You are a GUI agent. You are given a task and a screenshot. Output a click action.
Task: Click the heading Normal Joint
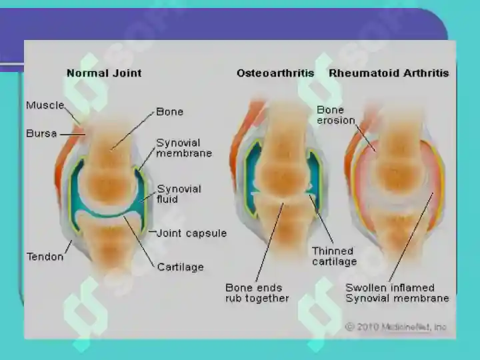click(x=104, y=73)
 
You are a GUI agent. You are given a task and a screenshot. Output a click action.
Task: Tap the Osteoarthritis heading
click(x=275, y=73)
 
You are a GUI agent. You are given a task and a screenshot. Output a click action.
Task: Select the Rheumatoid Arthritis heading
click(x=389, y=73)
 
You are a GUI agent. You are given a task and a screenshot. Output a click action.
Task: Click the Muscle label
click(x=45, y=105)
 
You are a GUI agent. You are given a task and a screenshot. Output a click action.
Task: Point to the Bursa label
click(x=41, y=133)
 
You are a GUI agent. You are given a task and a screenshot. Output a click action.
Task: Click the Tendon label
click(x=45, y=257)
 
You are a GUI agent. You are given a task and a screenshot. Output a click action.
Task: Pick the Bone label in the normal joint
click(x=169, y=112)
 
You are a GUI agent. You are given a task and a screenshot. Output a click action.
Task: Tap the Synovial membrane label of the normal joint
click(x=184, y=148)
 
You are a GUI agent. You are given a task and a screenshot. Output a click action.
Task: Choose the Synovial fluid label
click(x=179, y=194)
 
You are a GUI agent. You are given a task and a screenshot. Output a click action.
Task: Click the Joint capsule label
click(x=191, y=233)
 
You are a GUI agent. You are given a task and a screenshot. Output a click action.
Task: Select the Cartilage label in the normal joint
click(x=180, y=267)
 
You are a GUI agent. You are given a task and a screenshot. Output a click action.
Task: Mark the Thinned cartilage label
click(x=334, y=256)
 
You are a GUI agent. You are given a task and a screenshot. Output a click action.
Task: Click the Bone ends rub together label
click(x=257, y=293)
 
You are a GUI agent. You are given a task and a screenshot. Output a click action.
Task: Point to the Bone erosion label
click(x=335, y=115)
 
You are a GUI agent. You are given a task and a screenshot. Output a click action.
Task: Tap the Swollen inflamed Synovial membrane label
click(x=397, y=293)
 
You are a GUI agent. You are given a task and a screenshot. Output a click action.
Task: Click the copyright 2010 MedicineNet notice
click(x=396, y=327)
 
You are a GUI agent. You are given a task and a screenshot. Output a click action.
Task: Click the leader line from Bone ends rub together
click(x=269, y=242)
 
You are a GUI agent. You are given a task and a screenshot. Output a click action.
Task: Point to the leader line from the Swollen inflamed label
click(x=411, y=237)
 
